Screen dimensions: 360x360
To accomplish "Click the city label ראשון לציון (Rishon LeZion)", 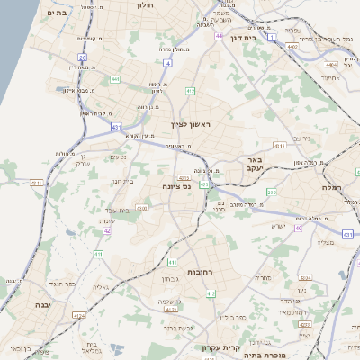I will click(193, 126).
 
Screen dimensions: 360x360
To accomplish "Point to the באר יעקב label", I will click(256, 166).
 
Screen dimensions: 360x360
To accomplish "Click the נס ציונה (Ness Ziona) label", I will click(178, 186).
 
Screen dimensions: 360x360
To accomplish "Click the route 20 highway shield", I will click(82, 57).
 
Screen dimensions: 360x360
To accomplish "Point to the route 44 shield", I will click(220, 36).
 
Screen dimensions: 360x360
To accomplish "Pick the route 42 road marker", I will click(107, 231).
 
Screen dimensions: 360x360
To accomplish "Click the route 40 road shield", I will click(300, 228).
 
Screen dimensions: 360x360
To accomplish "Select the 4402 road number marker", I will click(332, 65).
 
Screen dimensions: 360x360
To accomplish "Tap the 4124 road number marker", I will click(80, 315).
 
